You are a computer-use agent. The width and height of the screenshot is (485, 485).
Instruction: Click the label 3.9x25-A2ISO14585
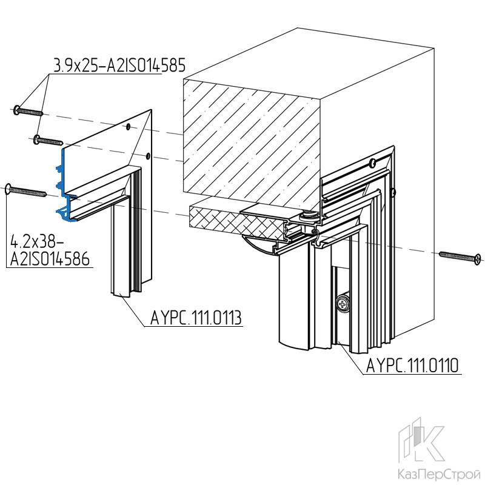[119, 65]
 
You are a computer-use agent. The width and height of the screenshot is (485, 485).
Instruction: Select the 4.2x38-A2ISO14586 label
[50, 250]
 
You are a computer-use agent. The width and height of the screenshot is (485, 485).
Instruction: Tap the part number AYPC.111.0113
[196, 318]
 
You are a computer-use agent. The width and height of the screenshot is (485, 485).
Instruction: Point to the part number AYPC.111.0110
[412, 366]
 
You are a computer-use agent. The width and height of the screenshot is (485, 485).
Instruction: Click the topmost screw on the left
[28, 111]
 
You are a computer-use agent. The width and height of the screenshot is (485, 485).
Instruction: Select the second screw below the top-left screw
[48, 140]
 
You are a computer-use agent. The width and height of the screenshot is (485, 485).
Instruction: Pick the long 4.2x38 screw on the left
[26, 190]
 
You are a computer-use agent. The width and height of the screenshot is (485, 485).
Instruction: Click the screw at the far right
[460, 256]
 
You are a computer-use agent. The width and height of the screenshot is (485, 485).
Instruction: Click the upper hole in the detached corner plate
[128, 127]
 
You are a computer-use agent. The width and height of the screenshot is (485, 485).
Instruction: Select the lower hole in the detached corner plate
[148, 155]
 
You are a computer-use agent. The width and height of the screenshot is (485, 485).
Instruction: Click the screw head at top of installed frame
[373, 162]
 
